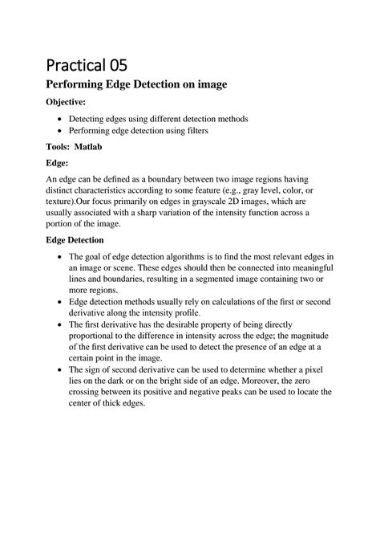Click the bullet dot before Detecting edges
pyautogui.click(x=62, y=119)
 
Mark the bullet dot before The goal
pyautogui.click(x=62, y=257)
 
